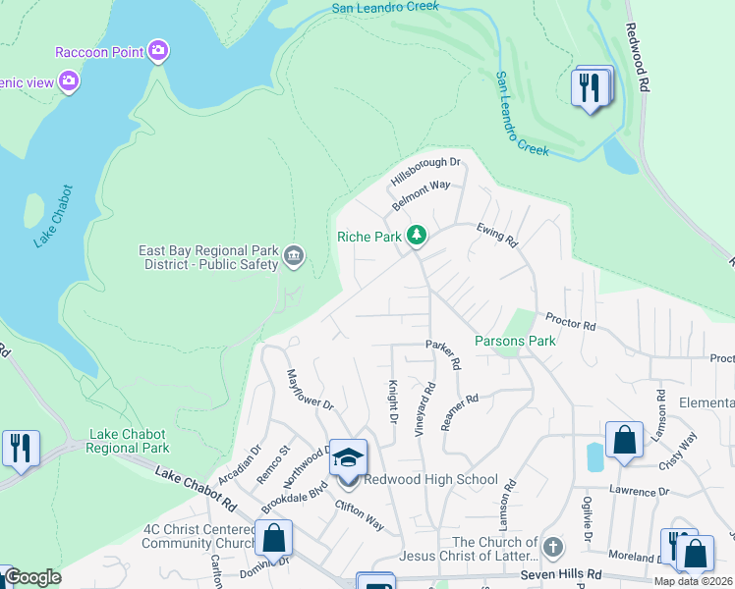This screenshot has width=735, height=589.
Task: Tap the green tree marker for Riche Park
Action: [x=418, y=236]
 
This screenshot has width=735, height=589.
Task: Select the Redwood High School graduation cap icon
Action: [x=347, y=457]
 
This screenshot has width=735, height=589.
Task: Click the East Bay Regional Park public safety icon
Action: [x=293, y=257]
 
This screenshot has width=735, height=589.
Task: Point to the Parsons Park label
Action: [x=515, y=341]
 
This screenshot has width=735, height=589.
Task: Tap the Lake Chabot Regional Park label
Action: [x=129, y=441]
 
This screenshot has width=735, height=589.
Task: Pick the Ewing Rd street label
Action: [x=497, y=234]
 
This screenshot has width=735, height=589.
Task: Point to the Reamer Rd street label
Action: [x=459, y=412]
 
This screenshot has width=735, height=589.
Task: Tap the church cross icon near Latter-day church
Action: [x=553, y=547]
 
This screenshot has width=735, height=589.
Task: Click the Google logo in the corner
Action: [x=32, y=577]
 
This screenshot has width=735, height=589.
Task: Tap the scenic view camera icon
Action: [x=69, y=81]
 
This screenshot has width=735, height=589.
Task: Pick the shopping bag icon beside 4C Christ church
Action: [x=273, y=538]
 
